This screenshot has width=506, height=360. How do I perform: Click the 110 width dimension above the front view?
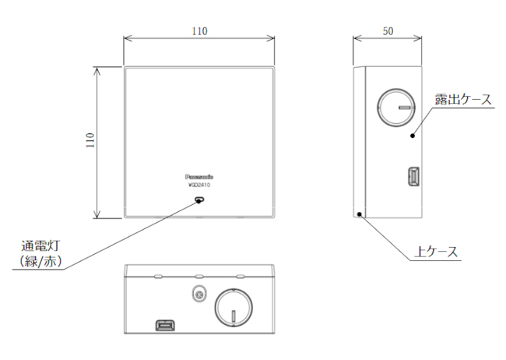(199, 31)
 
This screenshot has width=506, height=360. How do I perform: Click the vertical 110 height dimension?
(90, 140)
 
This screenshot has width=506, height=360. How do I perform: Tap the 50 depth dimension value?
(388, 31)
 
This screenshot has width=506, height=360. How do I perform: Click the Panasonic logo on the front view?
(199, 177)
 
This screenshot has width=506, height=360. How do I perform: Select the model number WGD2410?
(199, 185)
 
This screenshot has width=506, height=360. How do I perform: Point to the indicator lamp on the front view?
(199, 199)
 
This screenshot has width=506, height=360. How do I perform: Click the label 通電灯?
(40, 246)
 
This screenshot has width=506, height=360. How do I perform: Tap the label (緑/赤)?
(40, 261)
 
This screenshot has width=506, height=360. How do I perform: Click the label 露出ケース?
(463, 99)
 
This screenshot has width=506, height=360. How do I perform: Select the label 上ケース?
(436, 252)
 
